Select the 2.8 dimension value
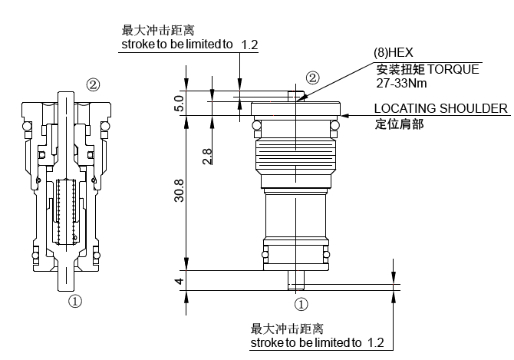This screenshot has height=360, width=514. [207, 156]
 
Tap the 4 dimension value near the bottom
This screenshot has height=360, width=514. [180, 281]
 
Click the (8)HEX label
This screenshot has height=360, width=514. [393, 53]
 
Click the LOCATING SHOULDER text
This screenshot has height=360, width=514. [440, 108]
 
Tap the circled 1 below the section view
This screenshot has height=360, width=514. [75, 302]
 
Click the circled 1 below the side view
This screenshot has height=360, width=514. [301, 303]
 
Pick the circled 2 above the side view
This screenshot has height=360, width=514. [312, 78]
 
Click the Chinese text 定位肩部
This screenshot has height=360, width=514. [399, 123]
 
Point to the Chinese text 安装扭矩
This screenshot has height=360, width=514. [397, 69]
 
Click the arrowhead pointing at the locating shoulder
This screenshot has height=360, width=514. [346, 115]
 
